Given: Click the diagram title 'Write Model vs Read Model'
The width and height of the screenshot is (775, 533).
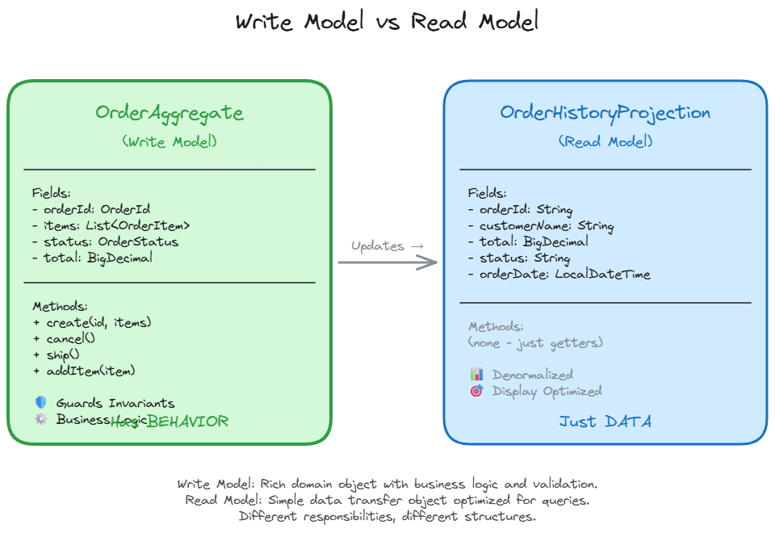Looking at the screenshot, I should (x=387, y=22).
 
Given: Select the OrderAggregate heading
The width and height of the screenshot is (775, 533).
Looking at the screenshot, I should (x=170, y=113).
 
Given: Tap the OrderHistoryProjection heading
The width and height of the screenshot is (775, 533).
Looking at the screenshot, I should (x=605, y=113).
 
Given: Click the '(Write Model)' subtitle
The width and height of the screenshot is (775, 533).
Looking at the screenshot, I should (x=170, y=141).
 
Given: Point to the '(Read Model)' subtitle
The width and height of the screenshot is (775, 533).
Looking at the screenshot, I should (x=605, y=141).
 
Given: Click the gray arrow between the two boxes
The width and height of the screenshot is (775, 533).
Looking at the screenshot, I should (x=387, y=262).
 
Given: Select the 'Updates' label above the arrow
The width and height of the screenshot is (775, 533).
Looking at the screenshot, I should (x=378, y=246).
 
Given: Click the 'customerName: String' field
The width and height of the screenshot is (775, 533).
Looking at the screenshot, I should (x=541, y=226).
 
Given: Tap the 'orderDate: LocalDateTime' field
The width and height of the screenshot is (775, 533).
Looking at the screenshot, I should (x=559, y=275).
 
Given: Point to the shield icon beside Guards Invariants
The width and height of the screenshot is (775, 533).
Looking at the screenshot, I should (x=41, y=402).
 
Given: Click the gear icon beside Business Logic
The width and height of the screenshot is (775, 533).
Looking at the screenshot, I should (x=41, y=419).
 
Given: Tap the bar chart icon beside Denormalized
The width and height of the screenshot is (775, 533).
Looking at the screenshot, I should (x=477, y=375).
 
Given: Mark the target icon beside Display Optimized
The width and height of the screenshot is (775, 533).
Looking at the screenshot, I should (x=477, y=391).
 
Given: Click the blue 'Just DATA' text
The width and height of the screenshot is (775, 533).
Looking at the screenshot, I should (x=605, y=422).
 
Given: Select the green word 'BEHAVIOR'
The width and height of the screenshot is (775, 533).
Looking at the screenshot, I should (x=188, y=422).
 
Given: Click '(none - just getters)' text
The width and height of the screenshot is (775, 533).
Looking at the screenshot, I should (x=535, y=342).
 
